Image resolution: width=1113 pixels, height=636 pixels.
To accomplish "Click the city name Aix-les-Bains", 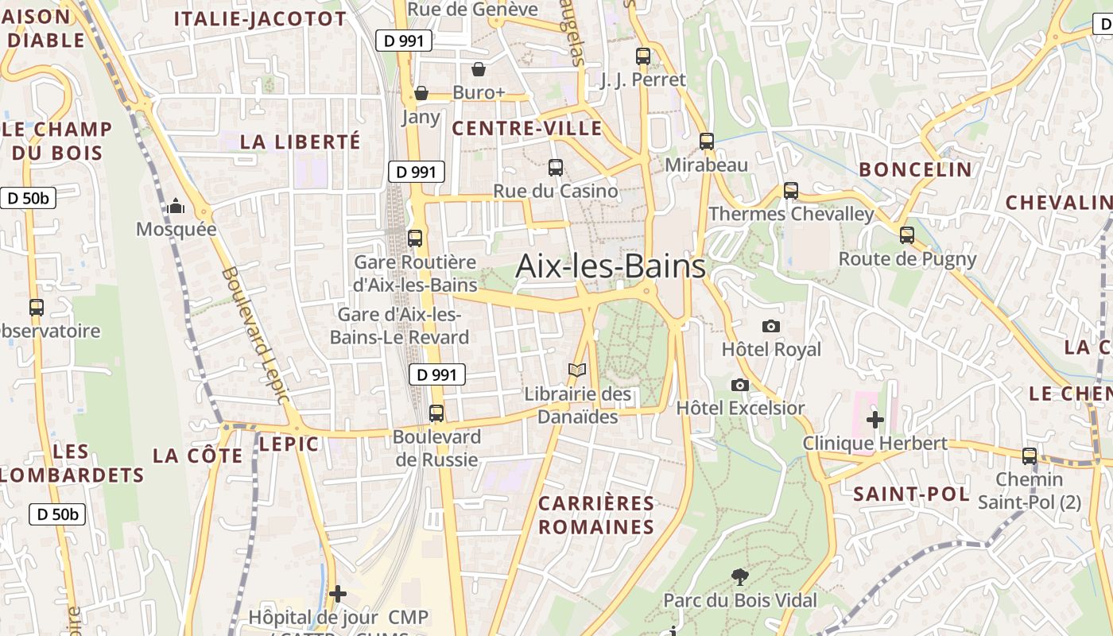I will click(x=610, y=266).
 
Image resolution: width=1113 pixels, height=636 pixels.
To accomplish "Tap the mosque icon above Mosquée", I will click(x=176, y=207).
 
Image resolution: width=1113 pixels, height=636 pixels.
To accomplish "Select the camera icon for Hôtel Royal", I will click(x=770, y=326).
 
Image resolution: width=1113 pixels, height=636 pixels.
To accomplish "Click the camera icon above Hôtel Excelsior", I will click(x=739, y=385).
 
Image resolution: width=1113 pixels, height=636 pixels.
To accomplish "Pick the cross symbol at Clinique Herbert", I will click(x=875, y=419).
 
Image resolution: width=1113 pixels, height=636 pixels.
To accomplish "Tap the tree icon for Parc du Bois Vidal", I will click(x=739, y=577).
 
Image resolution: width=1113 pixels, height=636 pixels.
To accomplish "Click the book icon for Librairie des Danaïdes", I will click(x=577, y=370).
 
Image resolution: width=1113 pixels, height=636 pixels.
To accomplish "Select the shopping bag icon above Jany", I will click(x=421, y=94).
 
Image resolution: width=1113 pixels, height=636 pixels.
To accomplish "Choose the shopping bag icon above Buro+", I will click(x=479, y=69).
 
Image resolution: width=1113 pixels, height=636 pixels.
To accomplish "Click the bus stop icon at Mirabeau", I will click(x=707, y=142).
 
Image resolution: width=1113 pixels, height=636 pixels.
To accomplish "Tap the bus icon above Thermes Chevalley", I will click(x=790, y=191).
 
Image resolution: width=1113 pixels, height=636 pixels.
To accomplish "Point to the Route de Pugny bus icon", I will click(x=907, y=235).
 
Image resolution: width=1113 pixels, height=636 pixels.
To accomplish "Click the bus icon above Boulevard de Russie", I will click(x=436, y=413).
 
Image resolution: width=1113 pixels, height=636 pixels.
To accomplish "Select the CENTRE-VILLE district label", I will click(x=527, y=128).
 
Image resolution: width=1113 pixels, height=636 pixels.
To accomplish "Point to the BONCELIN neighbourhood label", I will click(x=915, y=169).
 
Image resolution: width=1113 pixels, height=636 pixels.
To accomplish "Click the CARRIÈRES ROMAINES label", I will click(x=596, y=515).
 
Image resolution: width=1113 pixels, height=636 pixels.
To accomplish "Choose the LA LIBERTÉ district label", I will click(x=301, y=142).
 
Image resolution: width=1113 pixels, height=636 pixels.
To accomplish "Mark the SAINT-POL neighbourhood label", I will click(x=911, y=494).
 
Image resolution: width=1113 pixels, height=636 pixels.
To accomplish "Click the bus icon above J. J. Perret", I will click(x=643, y=56).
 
